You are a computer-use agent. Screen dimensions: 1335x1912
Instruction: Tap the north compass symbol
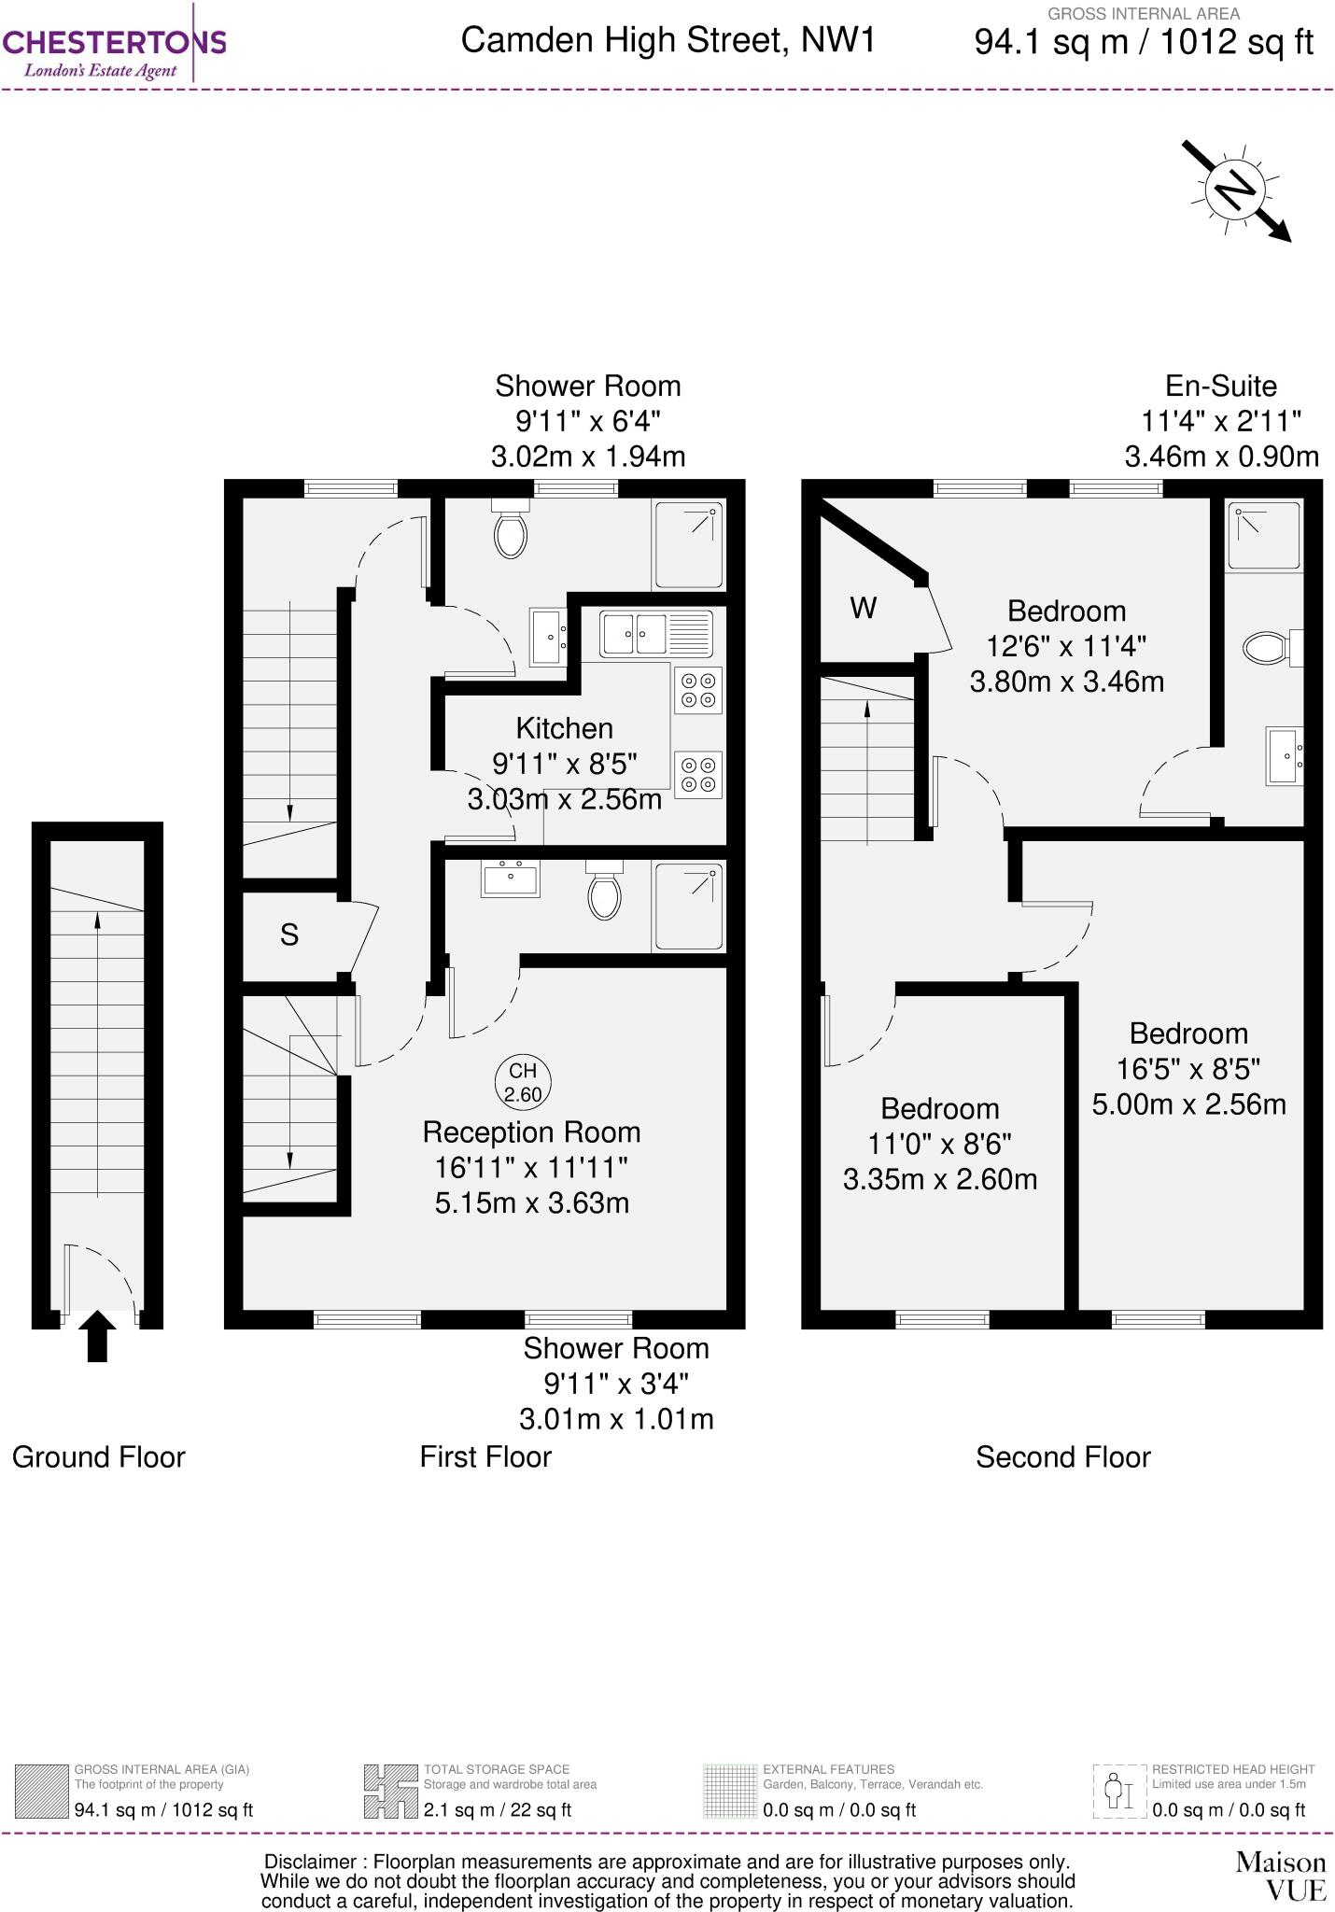tap(1234, 190)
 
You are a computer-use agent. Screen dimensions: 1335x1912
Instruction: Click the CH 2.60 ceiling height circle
tap(523, 1082)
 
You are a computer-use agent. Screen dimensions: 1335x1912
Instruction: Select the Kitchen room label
tap(564, 728)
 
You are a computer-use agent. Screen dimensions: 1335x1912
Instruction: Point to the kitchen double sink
tap(655, 634)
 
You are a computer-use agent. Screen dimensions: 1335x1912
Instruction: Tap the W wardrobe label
tap(864, 608)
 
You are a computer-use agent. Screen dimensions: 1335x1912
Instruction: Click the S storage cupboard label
tap(289, 935)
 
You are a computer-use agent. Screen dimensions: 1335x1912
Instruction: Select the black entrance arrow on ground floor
tap(97, 1336)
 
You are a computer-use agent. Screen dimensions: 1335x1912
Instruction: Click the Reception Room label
tap(531, 1132)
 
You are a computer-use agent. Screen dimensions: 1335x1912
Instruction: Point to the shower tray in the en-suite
tap(1263, 536)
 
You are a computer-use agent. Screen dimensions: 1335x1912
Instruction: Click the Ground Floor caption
tap(99, 1457)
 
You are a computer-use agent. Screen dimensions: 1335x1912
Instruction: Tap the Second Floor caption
tap(1063, 1457)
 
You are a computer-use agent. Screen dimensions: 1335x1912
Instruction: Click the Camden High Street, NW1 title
tap(668, 40)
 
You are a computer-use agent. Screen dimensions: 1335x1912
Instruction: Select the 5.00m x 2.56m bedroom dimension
tap(1188, 1104)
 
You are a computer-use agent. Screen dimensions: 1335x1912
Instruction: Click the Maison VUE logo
tap(1280, 1876)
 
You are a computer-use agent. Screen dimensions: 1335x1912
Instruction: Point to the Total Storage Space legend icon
tap(390, 1792)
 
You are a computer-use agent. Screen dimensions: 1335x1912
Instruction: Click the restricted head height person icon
tap(1118, 1792)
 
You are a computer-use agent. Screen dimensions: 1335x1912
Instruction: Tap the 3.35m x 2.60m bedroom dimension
tap(940, 1179)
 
